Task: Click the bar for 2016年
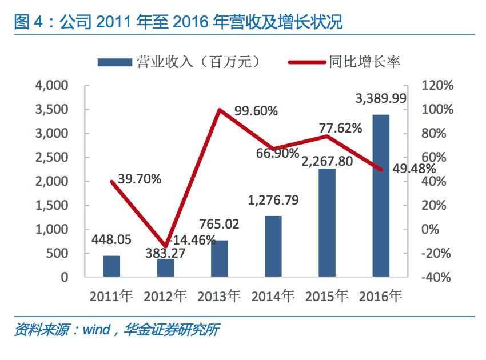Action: tap(381, 195)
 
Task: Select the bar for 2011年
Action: tap(112, 266)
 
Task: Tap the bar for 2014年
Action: tap(273, 246)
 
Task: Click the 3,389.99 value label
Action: tap(381, 99)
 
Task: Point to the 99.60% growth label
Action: tap(256, 112)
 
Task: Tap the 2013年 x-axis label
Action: tap(219, 297)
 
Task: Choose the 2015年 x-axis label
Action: tap(326, 297)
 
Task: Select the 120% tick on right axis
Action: tap(437, 86)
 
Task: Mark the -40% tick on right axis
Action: tap(437, 277)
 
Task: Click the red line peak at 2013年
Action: tap(220, 110)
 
